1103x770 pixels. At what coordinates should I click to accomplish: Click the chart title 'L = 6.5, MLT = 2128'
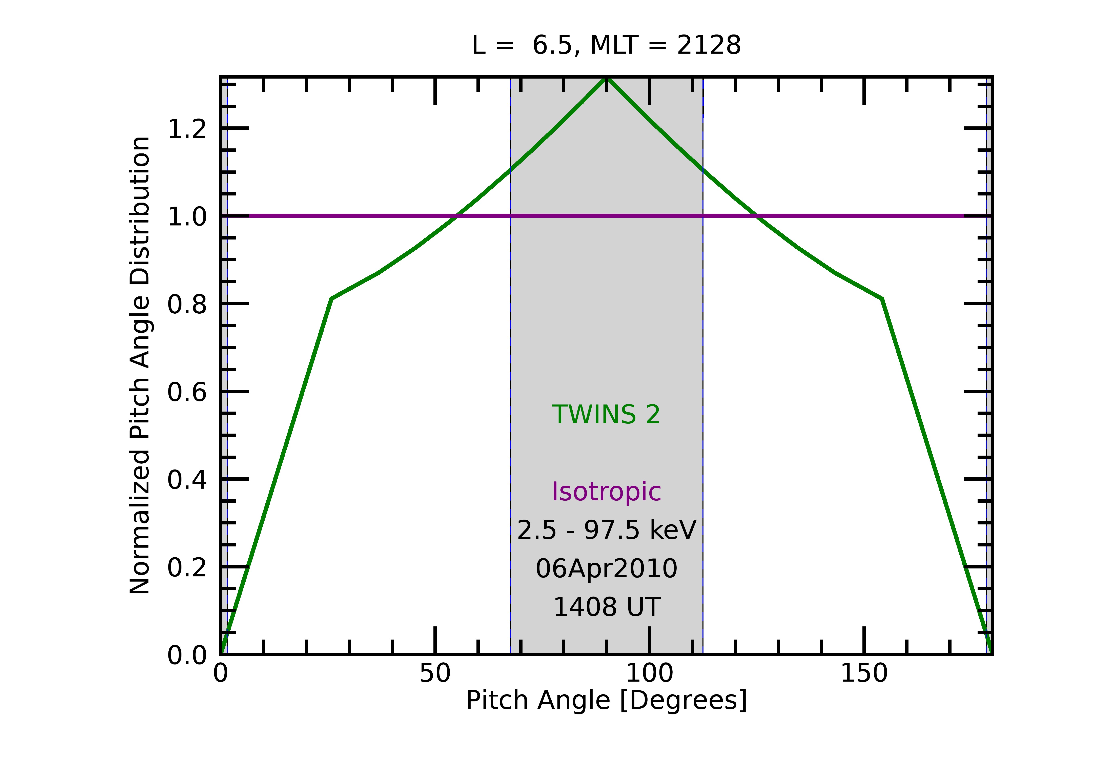[606, 46]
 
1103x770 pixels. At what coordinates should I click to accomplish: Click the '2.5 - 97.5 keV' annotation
[606, 530]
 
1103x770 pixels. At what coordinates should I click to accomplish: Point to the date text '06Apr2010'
[606, 569]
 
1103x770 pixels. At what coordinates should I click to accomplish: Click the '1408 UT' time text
[606, 607]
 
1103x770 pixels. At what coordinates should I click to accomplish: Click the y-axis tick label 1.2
[187, 129]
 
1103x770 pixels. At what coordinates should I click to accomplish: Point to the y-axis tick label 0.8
[187, 304]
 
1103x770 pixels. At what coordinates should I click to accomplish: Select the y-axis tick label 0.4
[187, 479]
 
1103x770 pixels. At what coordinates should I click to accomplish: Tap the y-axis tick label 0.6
[187, 392]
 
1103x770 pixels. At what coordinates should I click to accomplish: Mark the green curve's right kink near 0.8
[882, 299]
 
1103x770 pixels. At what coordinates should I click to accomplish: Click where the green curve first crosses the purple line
[456, 216]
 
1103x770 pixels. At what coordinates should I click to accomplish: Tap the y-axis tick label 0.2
[187, 567]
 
